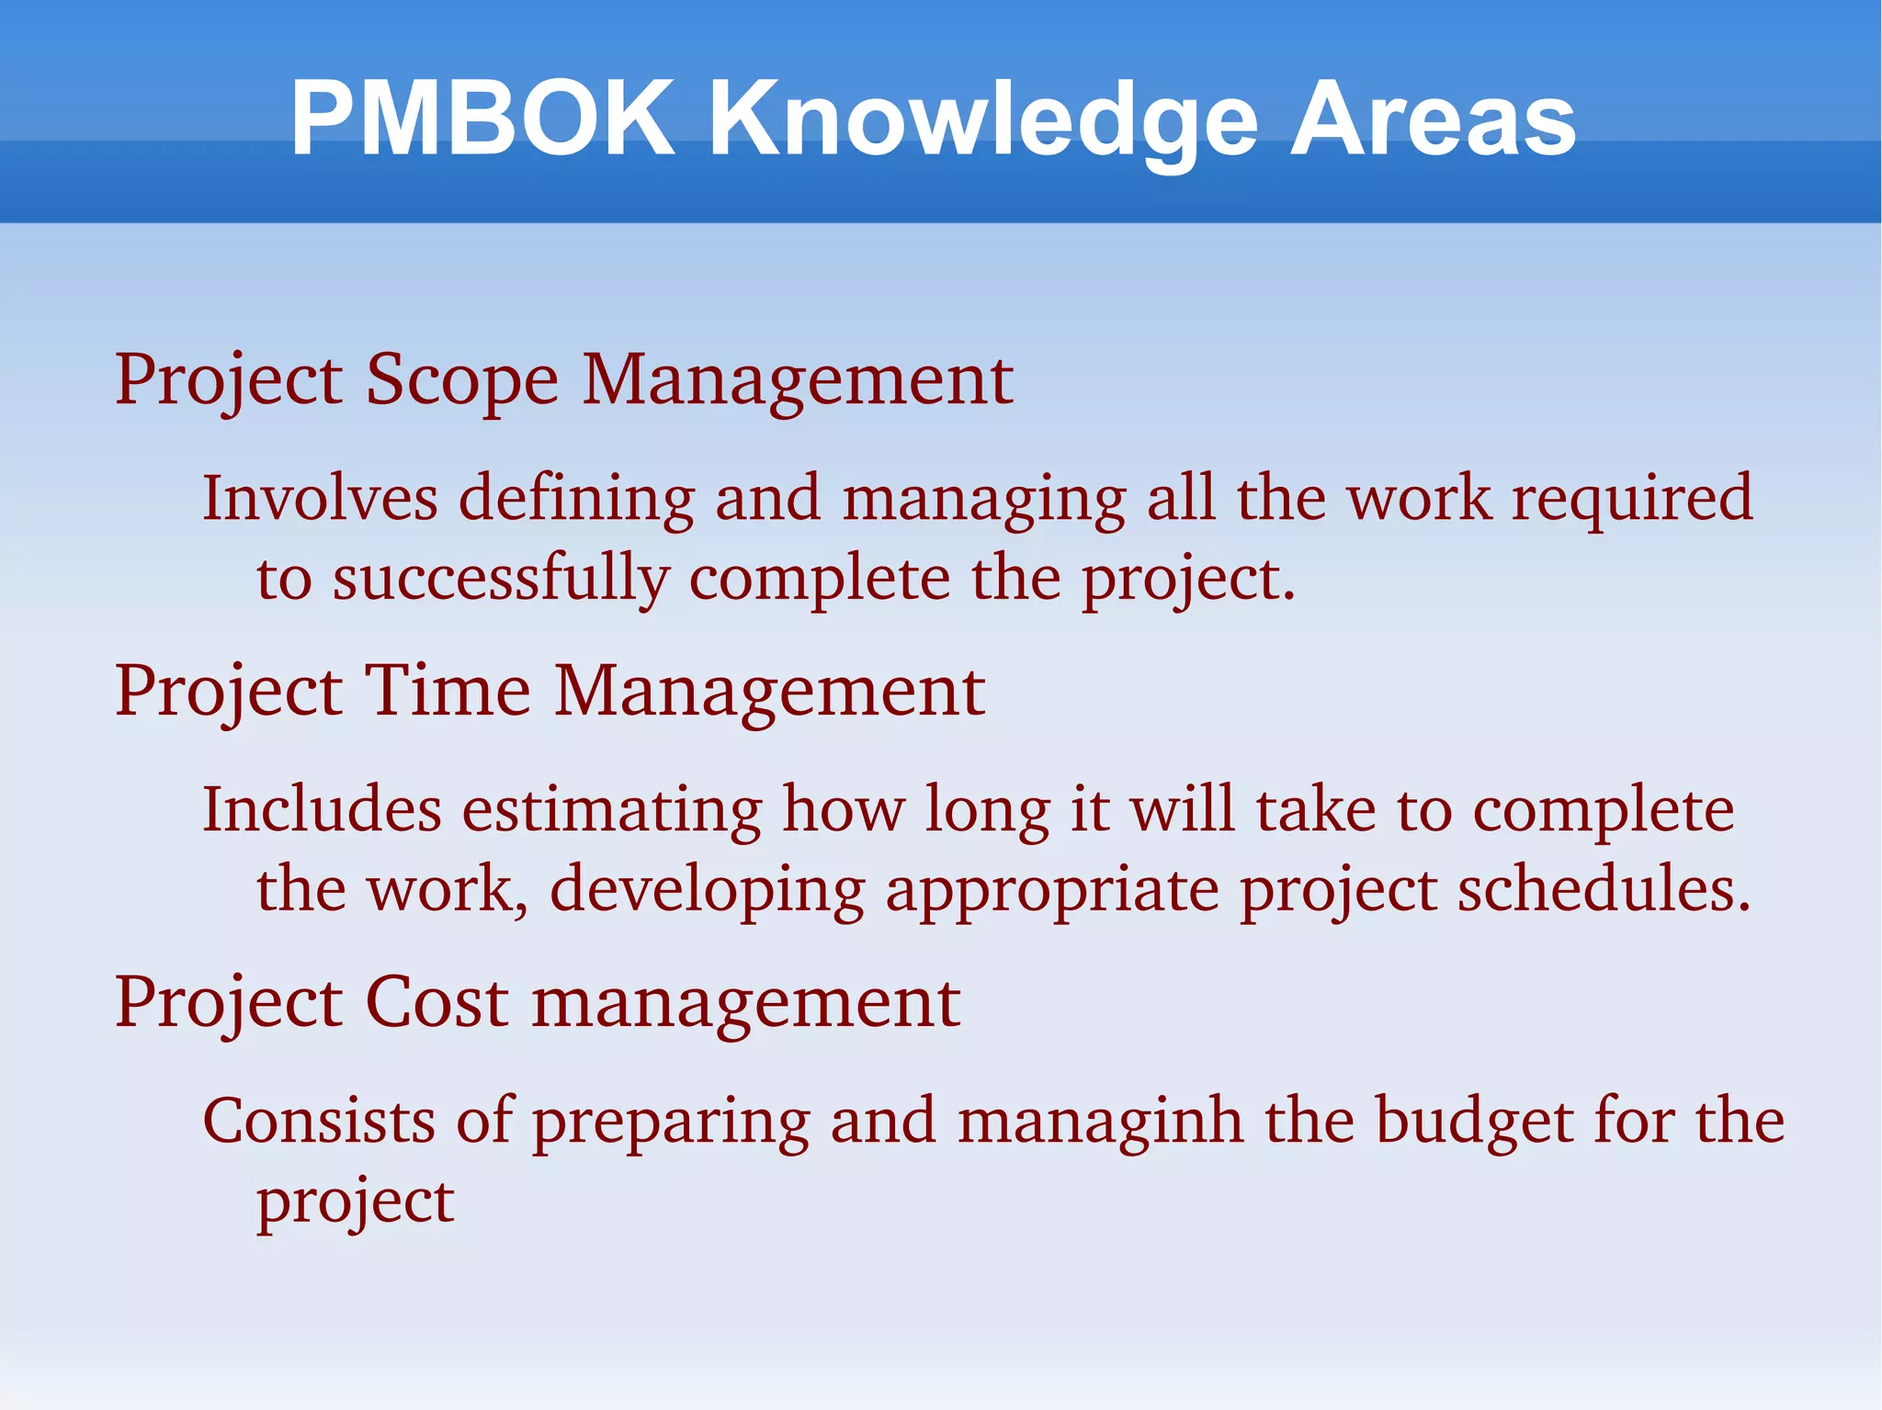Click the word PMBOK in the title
click(482, 119)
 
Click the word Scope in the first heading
click(461, 381)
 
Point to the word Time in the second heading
click(448, 691)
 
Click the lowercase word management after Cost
click(746, 1003)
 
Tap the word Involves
click(320, 498)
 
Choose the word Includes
click(322, 809)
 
